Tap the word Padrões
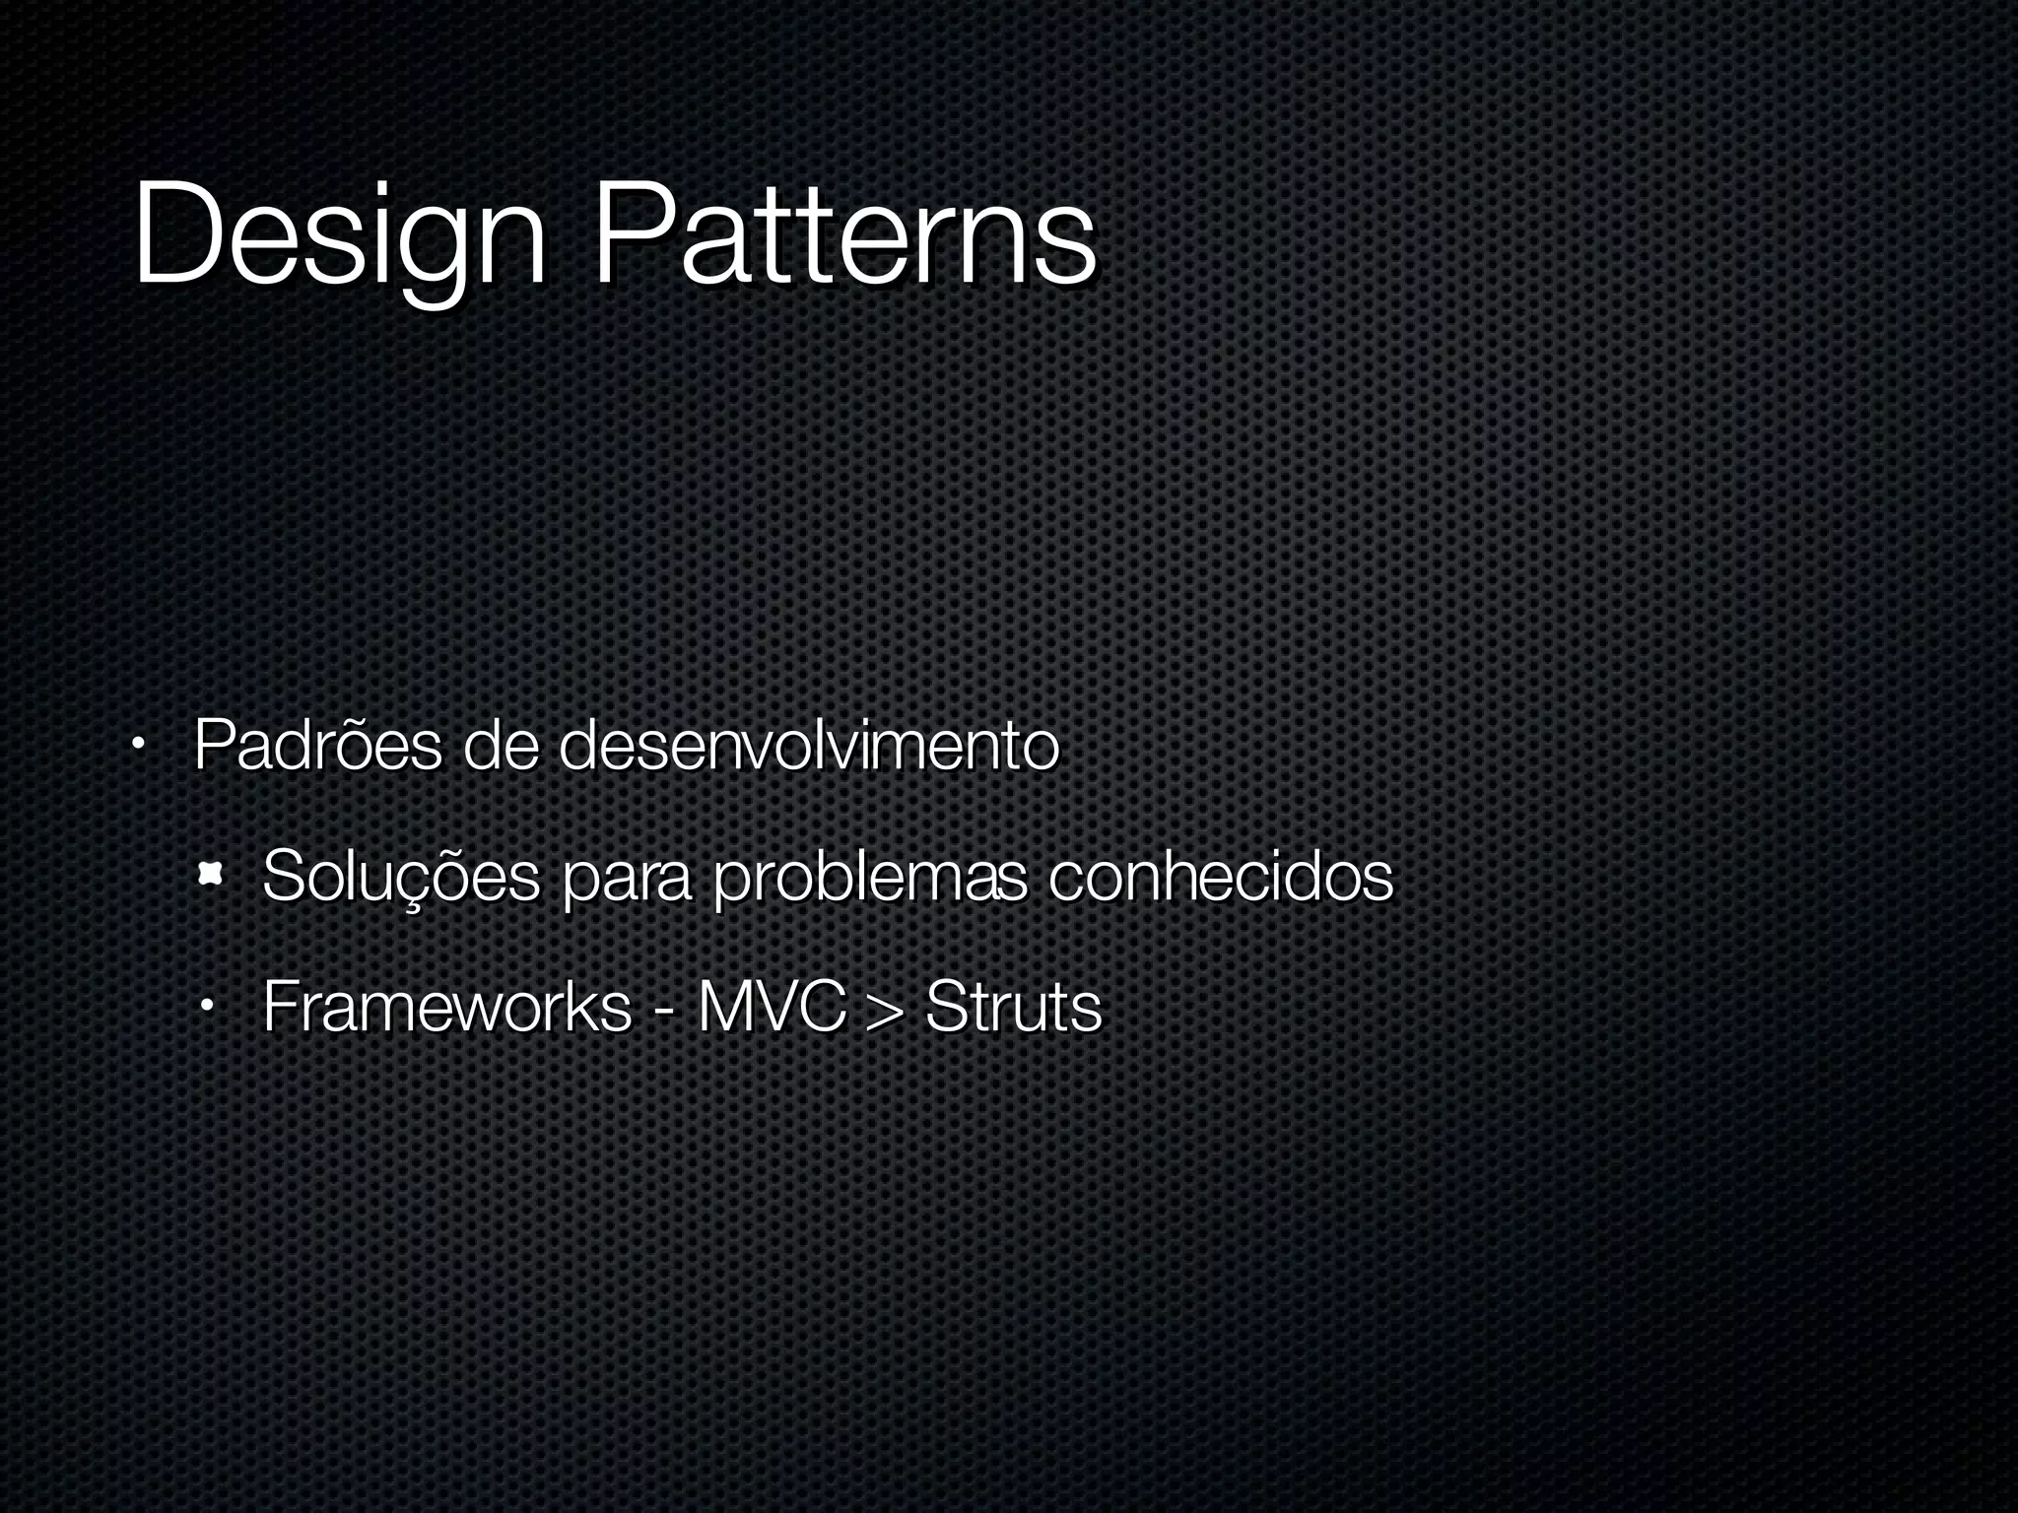point(317,746)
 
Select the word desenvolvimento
point(808,746)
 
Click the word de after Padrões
point(500,746)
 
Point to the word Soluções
point(401,876)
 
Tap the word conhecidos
point(1220,876)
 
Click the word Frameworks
point(446,1007)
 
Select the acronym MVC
point(772,1007)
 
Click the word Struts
point(1013,1007)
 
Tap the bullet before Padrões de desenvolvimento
point(140,746)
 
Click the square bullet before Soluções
point(209,872)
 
